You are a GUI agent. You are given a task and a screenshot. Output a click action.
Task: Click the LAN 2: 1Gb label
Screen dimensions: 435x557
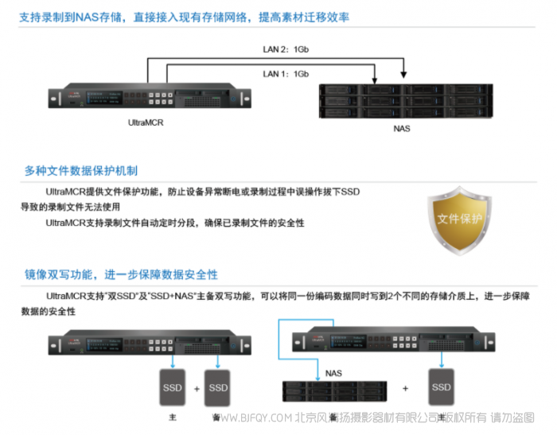286,49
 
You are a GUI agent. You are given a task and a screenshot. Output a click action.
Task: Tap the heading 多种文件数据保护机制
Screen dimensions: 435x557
80,171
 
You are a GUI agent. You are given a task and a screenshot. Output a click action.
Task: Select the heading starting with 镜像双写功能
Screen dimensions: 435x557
121,274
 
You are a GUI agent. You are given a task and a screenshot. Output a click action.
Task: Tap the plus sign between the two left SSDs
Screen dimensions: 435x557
195,388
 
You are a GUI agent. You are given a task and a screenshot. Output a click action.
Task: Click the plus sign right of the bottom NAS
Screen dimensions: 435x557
405,388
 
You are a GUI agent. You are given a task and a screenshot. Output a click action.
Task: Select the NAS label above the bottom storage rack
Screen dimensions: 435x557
334,372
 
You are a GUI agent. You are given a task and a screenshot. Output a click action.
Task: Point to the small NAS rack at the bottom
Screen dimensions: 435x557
334,390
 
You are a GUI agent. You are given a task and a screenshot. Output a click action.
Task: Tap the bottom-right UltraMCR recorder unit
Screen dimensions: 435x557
393,340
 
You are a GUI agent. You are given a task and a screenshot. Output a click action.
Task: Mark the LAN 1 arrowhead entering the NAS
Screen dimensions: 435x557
374,82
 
